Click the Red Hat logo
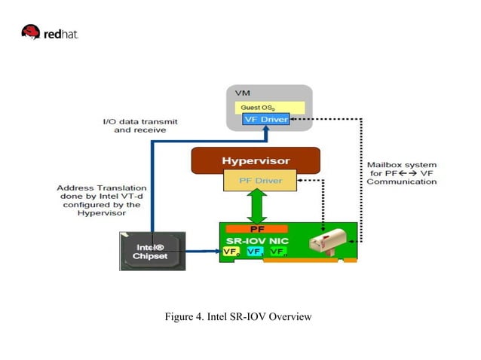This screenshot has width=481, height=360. (x=50, y=32)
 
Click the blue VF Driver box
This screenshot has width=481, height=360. (x=265, y=120)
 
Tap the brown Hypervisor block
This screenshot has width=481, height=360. (x=256, y=160)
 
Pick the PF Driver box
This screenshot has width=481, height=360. (x=256, y=181)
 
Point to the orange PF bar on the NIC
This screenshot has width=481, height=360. (x=257, y=228)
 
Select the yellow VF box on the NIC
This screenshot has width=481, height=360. (x=231, y=252)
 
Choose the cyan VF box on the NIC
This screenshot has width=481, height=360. (x=255, y=252)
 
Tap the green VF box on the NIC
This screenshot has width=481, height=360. (x=277, y=252)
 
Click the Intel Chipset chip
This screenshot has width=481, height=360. (x=151, y=251)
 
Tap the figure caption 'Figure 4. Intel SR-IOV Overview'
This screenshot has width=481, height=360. (x=238, y=316)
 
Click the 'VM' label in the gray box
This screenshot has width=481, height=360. (x=244, y=93)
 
